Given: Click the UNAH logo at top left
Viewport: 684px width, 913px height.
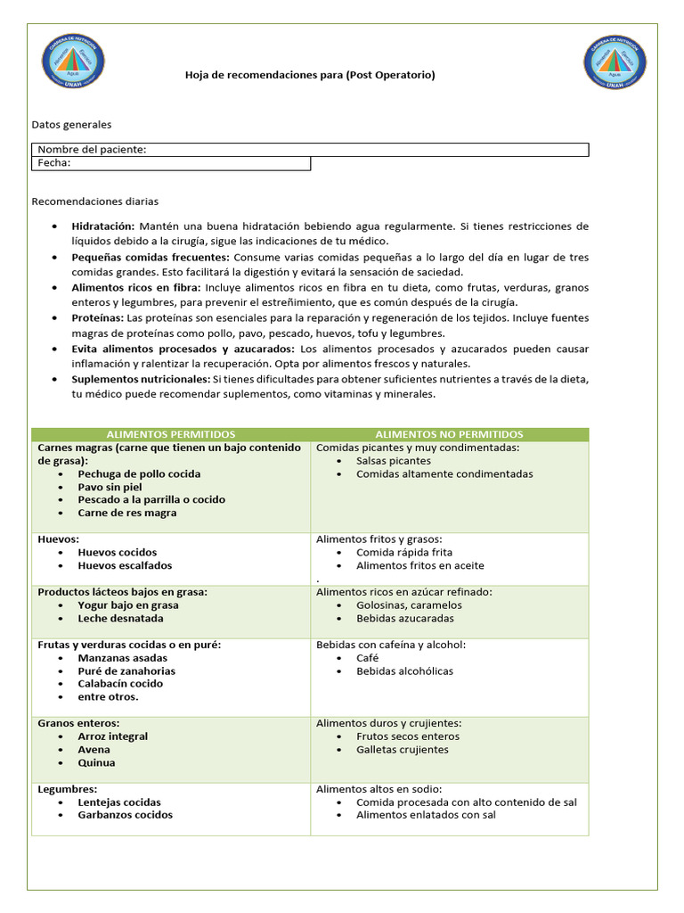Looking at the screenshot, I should tap(73, 62).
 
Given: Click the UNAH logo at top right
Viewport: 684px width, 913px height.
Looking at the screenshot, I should tap(615, 62).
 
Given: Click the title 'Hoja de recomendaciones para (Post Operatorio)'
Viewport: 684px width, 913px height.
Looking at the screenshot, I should tap(310, 76).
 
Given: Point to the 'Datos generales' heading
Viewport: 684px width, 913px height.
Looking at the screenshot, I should tap(71, 125).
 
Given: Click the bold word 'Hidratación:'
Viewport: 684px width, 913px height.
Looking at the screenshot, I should tap(103, 226).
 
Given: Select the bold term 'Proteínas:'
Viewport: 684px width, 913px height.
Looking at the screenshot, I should tap(97, 318).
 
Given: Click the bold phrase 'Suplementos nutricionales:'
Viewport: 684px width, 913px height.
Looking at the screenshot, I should tap(140, 379).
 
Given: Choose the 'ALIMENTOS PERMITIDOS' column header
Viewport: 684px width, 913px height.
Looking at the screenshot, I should tap(171, 434).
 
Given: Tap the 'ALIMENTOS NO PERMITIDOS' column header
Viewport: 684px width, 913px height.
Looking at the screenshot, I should tap(449, 434).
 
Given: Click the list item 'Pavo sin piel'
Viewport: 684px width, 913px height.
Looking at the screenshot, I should tap(110, 487).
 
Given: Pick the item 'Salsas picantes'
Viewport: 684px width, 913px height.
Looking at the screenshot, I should tap(394, 461).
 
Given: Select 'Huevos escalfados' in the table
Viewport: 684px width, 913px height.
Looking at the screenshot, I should tap(125, 565).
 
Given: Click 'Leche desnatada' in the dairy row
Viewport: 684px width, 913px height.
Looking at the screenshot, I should tap(120, 618).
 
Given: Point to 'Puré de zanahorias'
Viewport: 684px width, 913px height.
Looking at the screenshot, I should tap(126, 670).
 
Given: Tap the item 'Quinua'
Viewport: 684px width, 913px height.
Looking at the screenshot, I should tap(96, 762).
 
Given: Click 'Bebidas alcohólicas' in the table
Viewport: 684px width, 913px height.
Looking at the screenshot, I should tap(404, 670).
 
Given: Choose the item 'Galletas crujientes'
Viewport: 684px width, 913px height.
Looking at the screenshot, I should tap(403, 749).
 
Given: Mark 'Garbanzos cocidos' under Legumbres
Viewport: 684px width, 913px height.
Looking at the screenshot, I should tap(126, 815).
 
